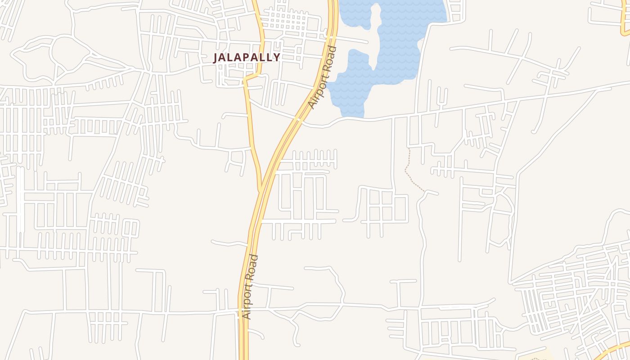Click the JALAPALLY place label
(247, 58)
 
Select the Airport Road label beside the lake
(323, 78)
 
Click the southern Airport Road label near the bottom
(250, 287)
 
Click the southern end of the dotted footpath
(424, 191)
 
